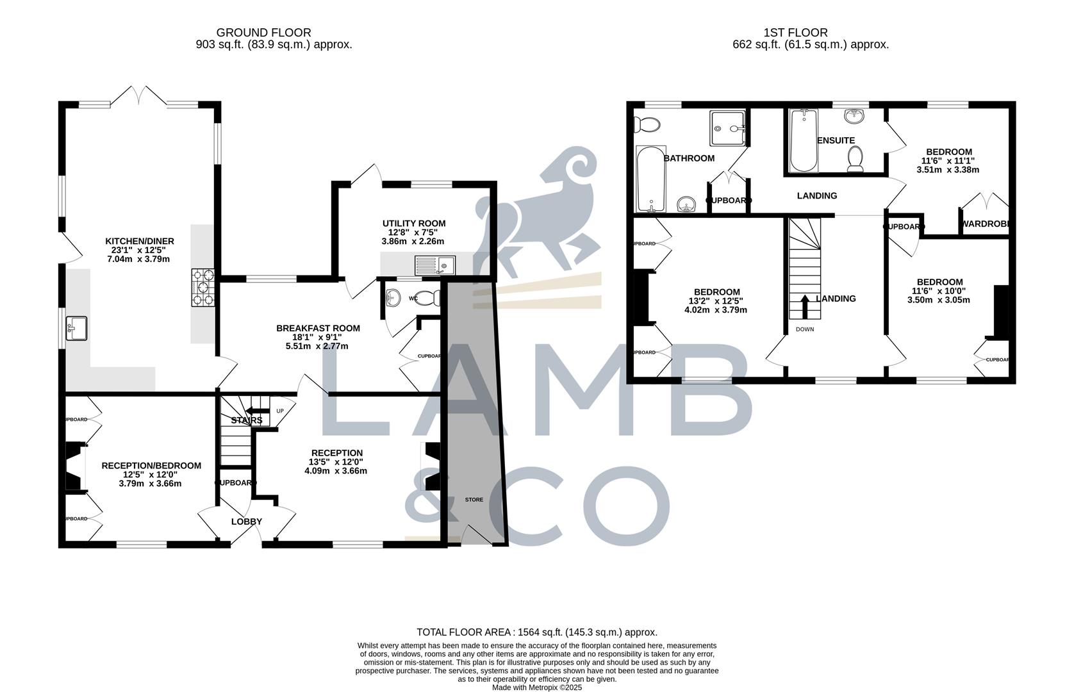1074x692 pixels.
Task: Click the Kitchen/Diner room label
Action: pyautogui.click(x=140, y=242)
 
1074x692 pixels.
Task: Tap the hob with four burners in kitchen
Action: pyautogui.click(x=203, y=288)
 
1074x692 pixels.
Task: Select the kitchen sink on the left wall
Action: pyautogui.click(x=76, y=329)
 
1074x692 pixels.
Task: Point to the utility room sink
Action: pyautogui.click(x=435, y=264)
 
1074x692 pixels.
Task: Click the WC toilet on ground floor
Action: pyautogui.click(x=427, y=298)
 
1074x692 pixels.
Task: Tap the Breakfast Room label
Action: pyautogui.click(x=318, y=328)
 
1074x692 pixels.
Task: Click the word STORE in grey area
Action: pyautogui.click(x=474, y=499)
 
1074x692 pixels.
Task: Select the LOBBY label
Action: pyautogui.click(x=247, y=522)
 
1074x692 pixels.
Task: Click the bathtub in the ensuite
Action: pyautogui.click(x=804, y=140)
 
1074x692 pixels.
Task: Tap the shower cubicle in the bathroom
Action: pyautogui.click(x=728, y=128)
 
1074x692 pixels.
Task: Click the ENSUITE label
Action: pyautogui.click(x=836, y=140)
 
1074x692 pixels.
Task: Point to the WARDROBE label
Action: pyautogui.click(x=986, y=224)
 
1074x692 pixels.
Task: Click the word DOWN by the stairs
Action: pyautogui.click(x=805, y=329)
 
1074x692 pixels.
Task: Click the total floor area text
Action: pyautogui.click(x=537, y=632)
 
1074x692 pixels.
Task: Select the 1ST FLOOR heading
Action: pyautogui.click(x=795, y=33)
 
